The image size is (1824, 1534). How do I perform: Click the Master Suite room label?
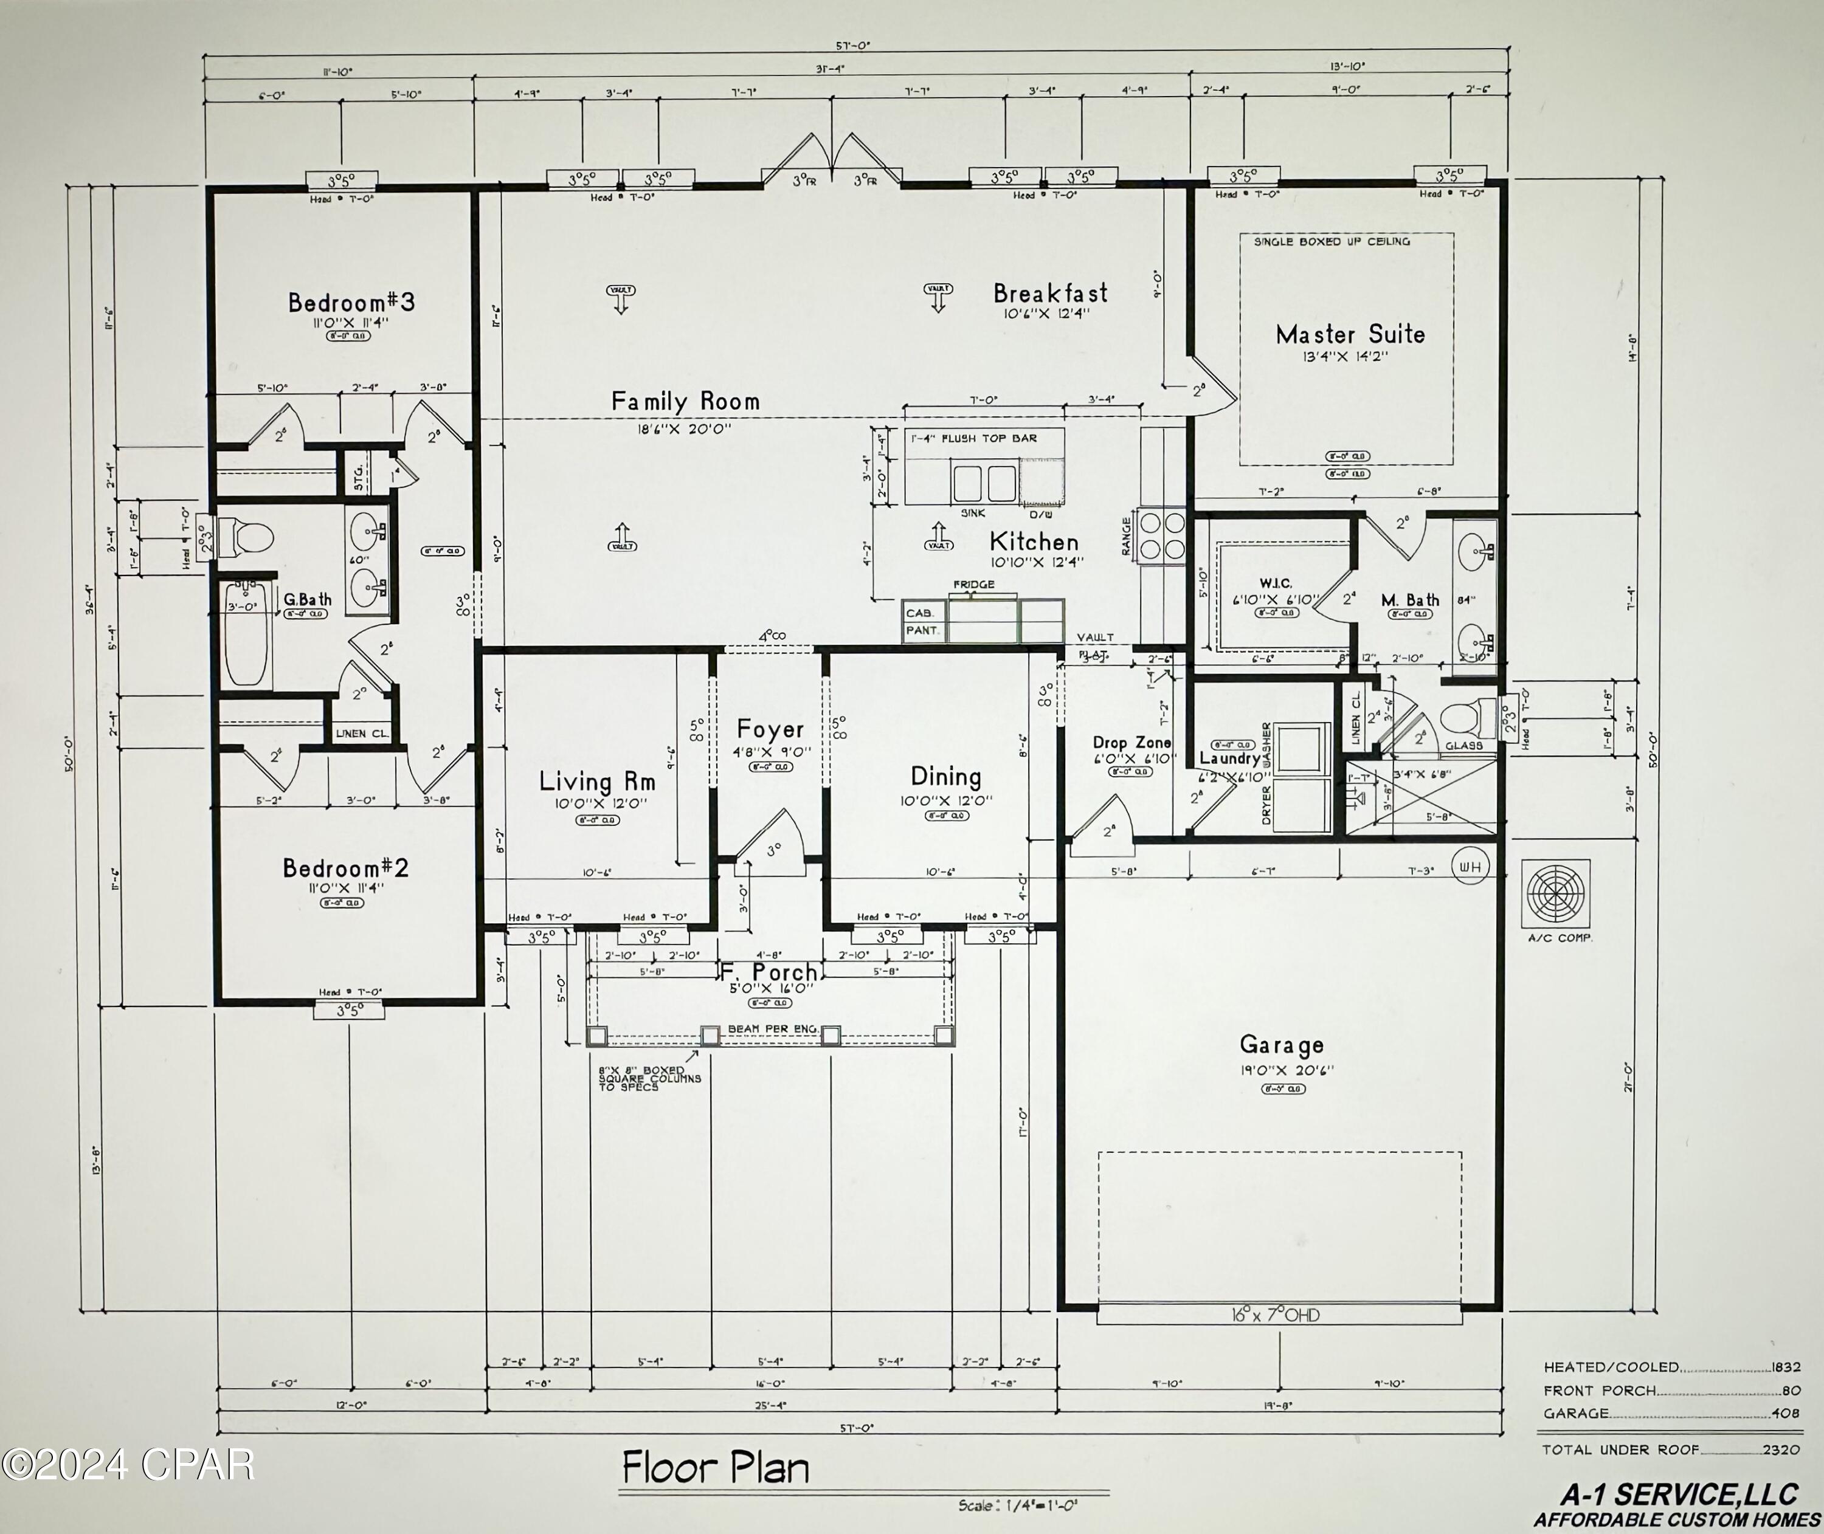pyautogui.click(x=1350, y=334)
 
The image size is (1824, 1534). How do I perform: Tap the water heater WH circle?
pyautogui.click(x=1470, y=867)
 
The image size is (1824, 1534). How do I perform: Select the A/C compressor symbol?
pyautogui.click(x=1556, y=894)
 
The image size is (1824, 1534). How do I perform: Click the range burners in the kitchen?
pyautogui.click(x=1162, y=535)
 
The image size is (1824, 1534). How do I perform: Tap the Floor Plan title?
pyautogui.click(x=715, y=1467)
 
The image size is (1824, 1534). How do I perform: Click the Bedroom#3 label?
pyautogui.click(x=351, y=302)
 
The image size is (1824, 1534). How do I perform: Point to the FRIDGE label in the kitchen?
pyautogui.click(x=973, y=585)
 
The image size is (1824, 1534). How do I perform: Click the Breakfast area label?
pyautogui.click(x=1051, y=293)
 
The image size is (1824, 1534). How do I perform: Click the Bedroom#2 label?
pyautogui.click(x=345, y=867)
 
